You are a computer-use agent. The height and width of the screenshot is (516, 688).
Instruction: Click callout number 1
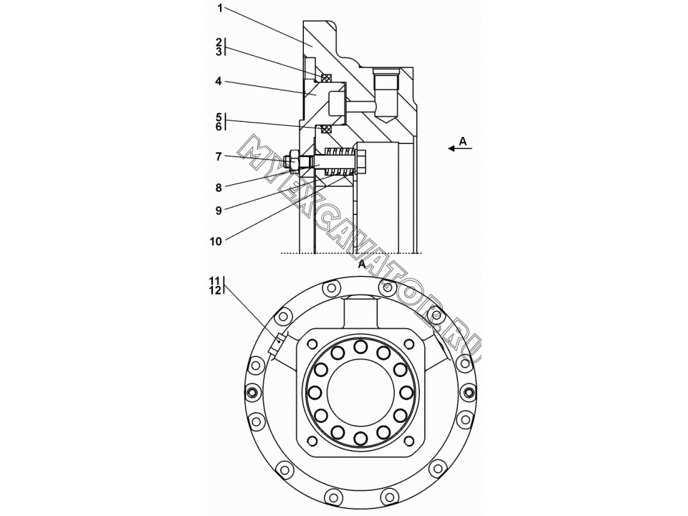pos(220,9)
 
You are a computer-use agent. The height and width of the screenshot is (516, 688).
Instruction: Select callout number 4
pos(219,81)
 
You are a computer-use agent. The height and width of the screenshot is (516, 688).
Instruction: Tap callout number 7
pos(219,156)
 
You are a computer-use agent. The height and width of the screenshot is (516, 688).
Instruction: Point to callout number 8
pos(219,188)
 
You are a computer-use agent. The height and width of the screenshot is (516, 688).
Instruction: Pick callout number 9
pos(219,211)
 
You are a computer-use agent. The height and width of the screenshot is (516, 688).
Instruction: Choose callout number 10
pos(216,242)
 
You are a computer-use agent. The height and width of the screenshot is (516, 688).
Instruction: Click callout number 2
pos(219,42)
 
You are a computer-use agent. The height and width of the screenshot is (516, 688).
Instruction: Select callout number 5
pos(219,117)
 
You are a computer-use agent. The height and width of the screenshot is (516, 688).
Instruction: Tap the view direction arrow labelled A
pos(460,149)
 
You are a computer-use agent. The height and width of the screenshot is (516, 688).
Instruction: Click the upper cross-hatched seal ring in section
pos(326,77)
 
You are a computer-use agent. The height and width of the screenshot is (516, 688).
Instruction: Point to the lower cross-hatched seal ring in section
pos(326,129)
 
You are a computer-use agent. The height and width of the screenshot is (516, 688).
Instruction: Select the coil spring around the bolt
pos(339,161)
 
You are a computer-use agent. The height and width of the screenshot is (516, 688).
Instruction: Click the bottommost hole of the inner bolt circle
pos(360,438)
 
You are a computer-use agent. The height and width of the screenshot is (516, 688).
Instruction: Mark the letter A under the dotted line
pos(361,264)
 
